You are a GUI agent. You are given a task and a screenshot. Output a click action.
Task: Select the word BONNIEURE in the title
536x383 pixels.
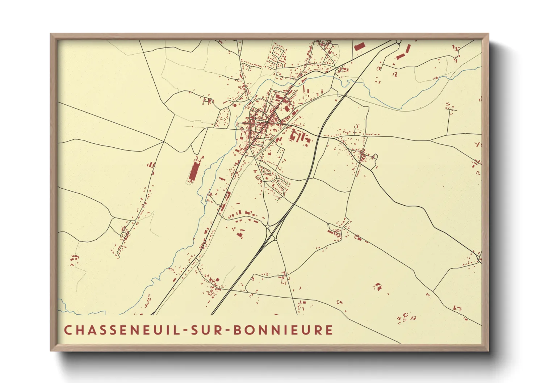pos(282,330)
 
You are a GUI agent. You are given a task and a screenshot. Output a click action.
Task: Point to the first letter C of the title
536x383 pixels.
pos(68,330)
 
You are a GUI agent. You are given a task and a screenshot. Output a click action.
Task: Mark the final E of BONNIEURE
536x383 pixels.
pos(329,330)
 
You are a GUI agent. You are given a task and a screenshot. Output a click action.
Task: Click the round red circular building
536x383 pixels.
pos(235,105)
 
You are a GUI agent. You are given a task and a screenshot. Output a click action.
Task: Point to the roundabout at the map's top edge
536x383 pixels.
pos(398,42)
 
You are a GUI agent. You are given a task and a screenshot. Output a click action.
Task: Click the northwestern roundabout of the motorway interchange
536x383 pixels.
pos(268,226)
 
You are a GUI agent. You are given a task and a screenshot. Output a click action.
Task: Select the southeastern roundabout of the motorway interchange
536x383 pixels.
pos(276,239)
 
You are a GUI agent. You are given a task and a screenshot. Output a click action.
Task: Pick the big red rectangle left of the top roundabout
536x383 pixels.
pos(359,46)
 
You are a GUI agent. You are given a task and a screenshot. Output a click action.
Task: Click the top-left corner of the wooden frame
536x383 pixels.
pos(51,34)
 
